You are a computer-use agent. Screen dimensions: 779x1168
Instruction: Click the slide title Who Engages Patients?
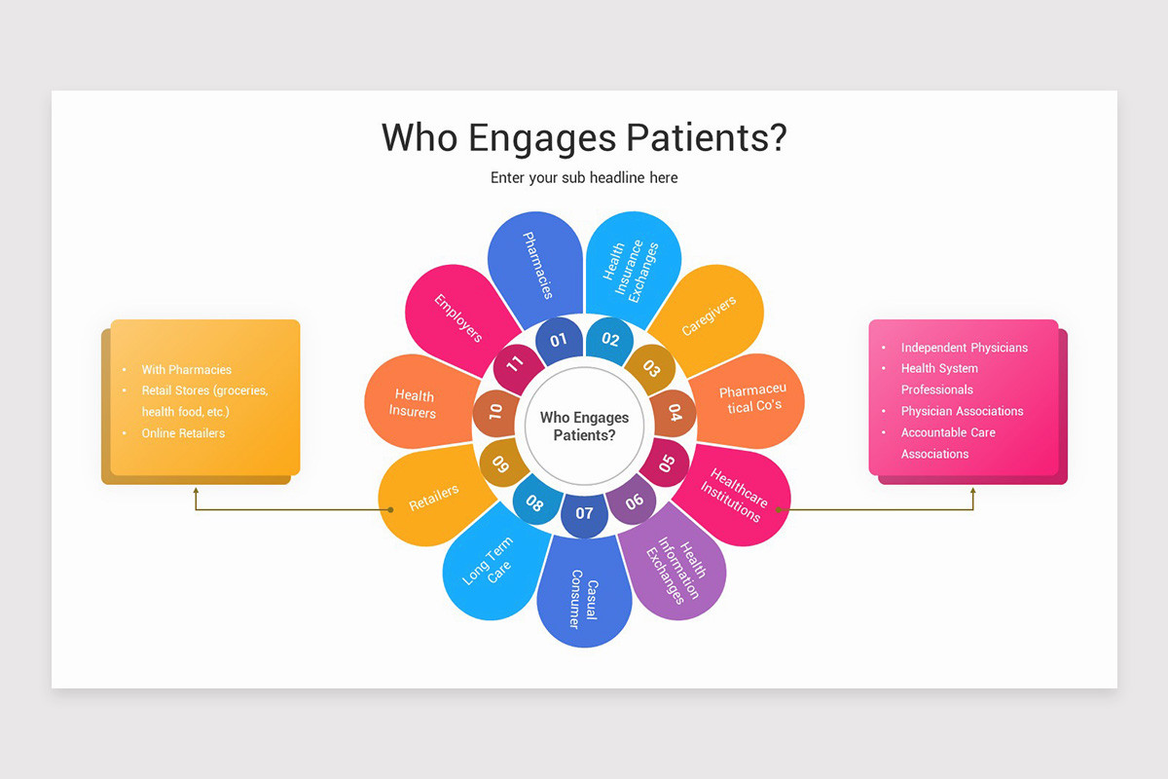(584, 138)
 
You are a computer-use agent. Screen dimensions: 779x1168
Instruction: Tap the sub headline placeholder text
(584, 178)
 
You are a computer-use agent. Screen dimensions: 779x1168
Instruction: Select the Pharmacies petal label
(538, 265)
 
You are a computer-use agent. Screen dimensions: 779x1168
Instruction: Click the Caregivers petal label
(709, 315)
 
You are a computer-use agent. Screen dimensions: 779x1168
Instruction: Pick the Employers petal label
(458, 317)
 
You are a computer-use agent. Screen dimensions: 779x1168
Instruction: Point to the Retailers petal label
(434, 498)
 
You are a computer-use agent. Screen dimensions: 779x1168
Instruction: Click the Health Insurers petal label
(414, 404)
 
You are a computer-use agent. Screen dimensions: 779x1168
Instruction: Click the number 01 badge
(558, 341)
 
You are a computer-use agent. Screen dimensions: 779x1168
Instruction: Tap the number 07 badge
(584, 513)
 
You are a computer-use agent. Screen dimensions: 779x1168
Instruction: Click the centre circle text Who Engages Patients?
(584, 427)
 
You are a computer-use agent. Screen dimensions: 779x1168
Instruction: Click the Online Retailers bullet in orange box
(183, 433)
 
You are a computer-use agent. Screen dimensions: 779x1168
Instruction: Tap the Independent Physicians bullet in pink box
(964, 348)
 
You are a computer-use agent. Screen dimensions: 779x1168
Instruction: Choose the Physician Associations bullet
(962, 411)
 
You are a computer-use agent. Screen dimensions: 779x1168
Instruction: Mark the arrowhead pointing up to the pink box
(973, 492)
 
